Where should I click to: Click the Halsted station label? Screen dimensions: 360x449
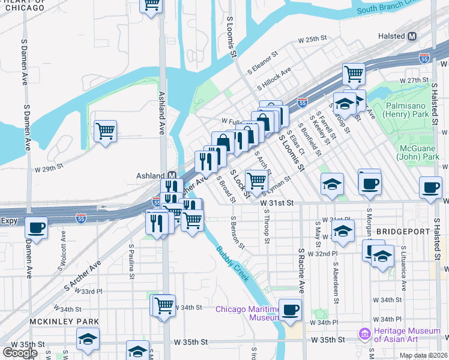tap(391, 36)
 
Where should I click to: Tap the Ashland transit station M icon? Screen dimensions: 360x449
tap(172, 175)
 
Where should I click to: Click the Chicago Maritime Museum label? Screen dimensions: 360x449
tap(248, 313)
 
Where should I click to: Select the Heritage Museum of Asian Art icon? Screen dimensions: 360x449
tap(363, 333)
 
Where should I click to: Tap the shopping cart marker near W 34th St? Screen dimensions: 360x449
tap(164, 304)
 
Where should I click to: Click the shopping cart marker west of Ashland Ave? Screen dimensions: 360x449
tap(106, 130)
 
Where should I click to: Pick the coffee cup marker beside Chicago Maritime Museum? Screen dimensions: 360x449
tap(291, 310)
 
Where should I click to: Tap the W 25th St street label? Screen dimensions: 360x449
tap(315, 39)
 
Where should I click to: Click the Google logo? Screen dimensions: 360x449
tap(20, 353)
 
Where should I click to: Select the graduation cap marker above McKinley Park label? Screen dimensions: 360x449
tap(88, 339)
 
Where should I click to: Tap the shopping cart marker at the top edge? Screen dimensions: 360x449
tap(152, 5)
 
